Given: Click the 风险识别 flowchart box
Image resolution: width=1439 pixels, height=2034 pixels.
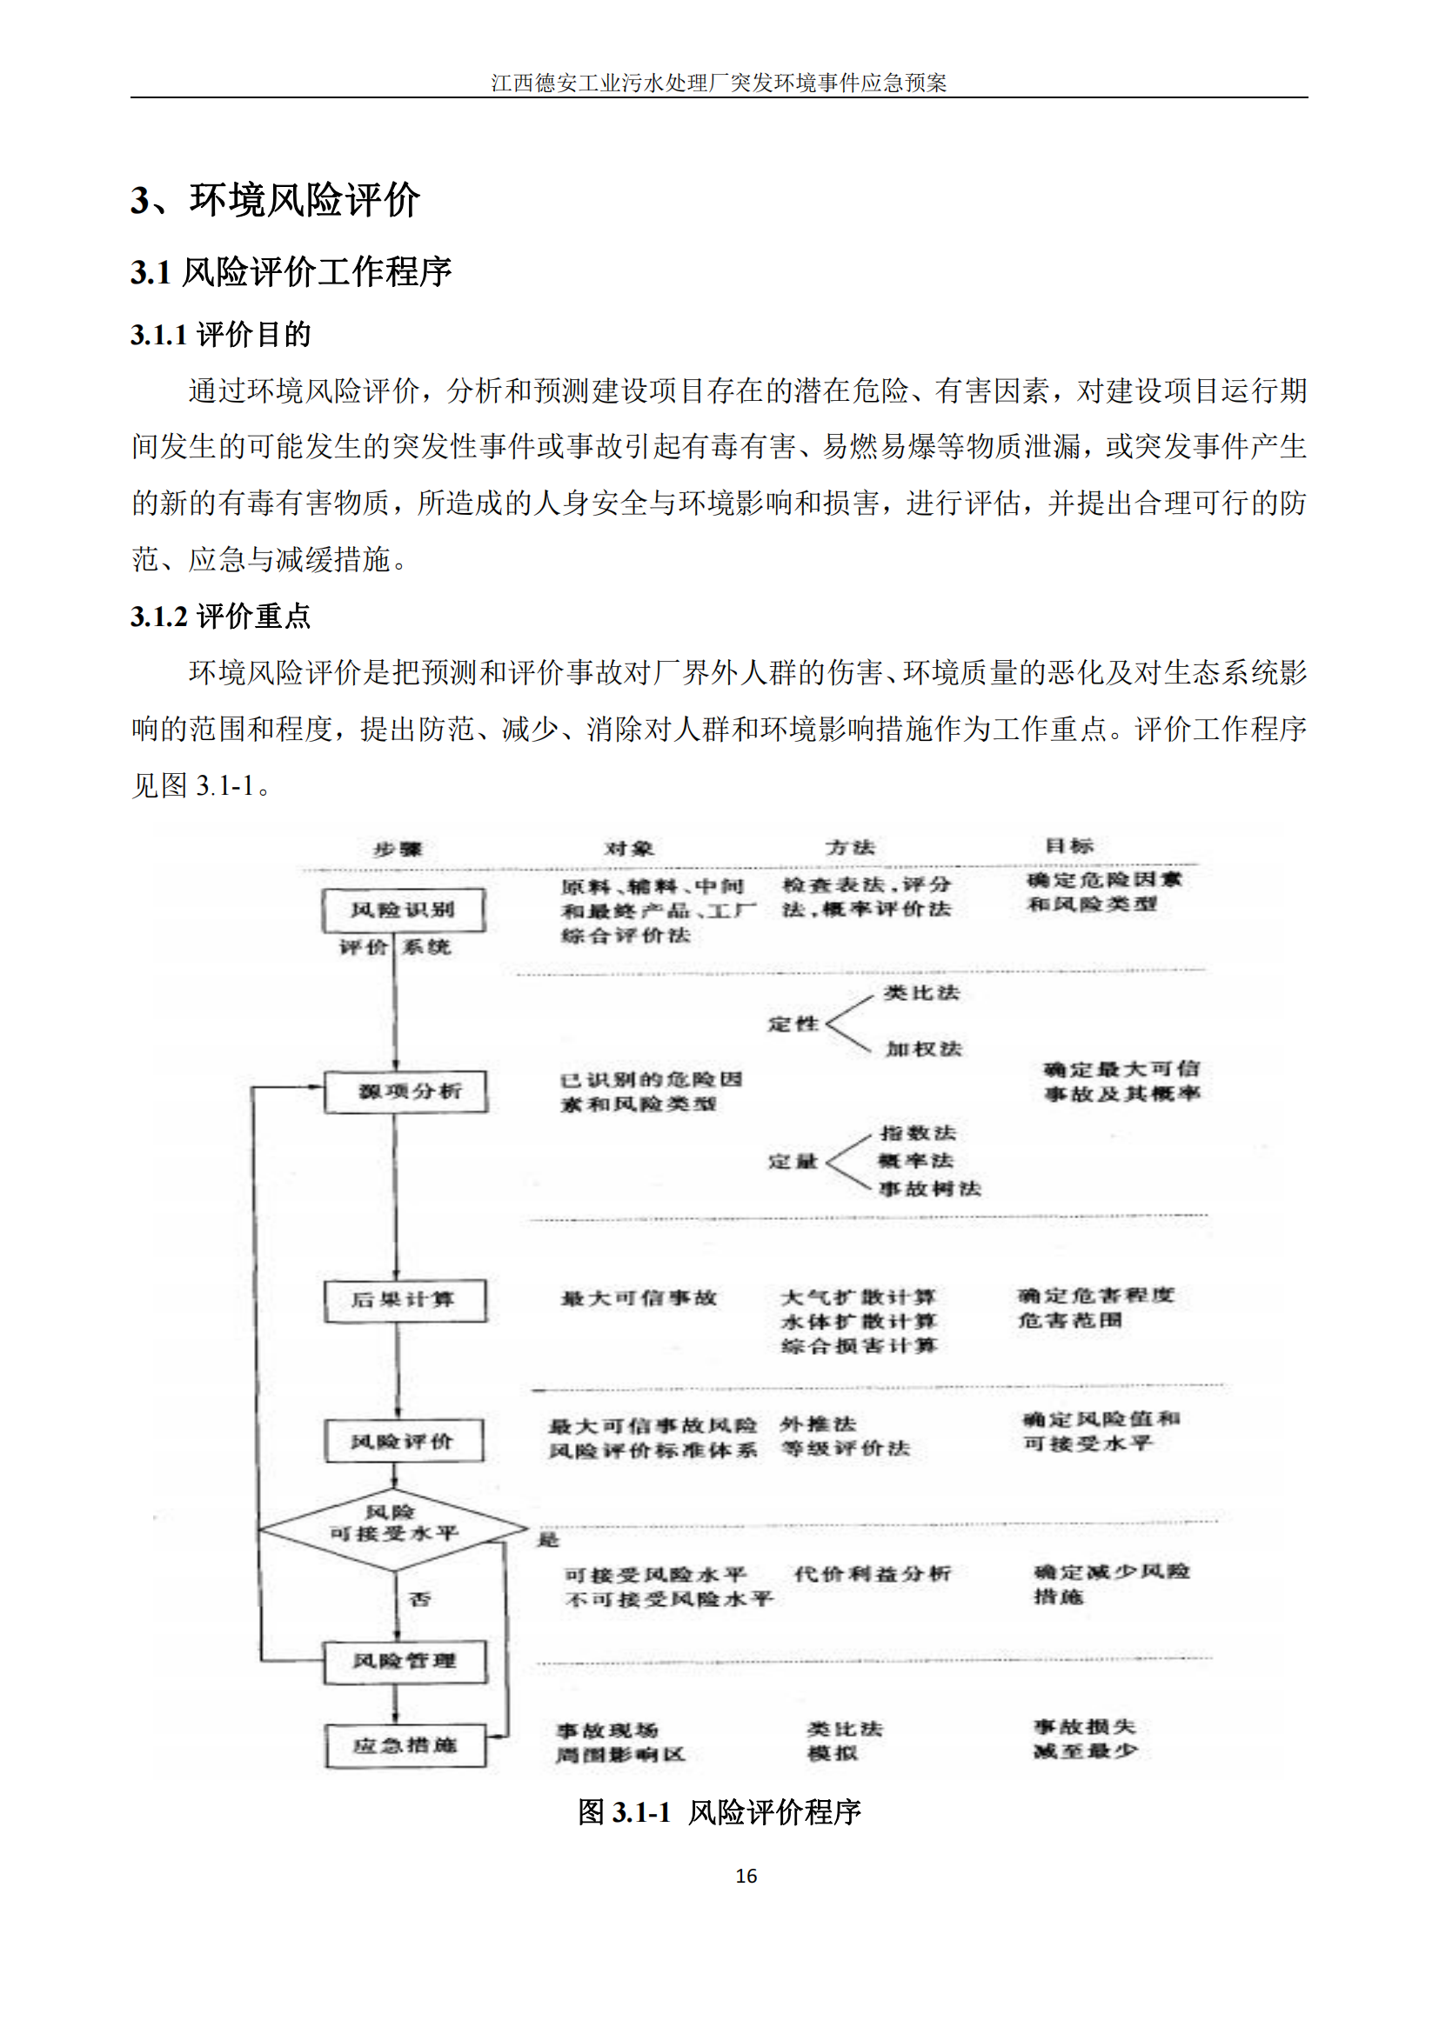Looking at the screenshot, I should coord(403,910).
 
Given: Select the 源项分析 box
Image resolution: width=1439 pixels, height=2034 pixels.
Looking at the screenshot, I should coord(405,1090).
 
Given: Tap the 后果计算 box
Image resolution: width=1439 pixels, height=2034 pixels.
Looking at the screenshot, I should coord(405,1299).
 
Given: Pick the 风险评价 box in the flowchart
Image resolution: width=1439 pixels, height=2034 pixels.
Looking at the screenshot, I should coord(404,1441).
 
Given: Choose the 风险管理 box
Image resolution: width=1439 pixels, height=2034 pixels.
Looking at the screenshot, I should coord(405,1660).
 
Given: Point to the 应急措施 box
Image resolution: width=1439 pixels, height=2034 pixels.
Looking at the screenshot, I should coord(405,1745).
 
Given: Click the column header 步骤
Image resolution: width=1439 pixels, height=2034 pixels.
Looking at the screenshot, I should coord(398,849).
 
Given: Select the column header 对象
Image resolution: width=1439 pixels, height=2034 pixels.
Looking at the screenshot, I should coord(629,848).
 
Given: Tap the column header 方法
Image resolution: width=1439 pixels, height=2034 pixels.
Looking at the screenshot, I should coord(850,847).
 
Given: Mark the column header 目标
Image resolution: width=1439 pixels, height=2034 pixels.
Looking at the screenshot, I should coord(1069,845).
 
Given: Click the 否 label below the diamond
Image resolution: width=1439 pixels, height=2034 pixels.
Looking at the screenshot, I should coord(420,1599).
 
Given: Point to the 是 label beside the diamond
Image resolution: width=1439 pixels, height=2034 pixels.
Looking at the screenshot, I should coord(548,1540).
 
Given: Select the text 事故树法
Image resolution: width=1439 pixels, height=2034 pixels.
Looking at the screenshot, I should coord(929,1188).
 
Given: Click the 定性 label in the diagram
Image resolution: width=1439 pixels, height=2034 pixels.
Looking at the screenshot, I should coord(793,1024).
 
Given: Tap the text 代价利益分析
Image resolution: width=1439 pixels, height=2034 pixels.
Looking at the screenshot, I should coord(872,1573).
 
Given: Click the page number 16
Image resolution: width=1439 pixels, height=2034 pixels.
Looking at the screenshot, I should coord(746,1876).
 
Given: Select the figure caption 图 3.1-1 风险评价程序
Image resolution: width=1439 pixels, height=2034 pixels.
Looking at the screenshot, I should coord(719,1811).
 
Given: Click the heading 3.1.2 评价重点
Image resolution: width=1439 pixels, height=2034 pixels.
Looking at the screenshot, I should coord(221,617).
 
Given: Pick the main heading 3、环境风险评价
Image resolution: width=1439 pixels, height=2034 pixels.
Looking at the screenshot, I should coord(275,199).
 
